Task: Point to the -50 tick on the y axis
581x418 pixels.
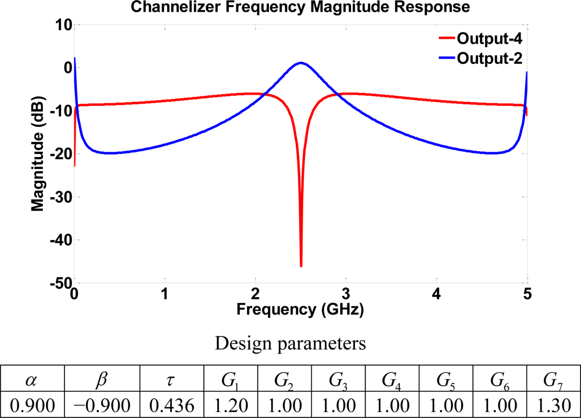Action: [59, 283]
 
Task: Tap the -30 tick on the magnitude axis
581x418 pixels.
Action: [59, 197]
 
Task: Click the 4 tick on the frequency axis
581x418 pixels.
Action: [436, 294]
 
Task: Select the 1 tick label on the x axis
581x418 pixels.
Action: [165, 294]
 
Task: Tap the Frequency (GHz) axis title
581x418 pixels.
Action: [300, 310]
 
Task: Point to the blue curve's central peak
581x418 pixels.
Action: [301, 63]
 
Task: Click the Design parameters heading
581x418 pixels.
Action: [290, 344]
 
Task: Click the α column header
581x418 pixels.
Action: [32, 381]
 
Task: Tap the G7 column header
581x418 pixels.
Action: [553, 381]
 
